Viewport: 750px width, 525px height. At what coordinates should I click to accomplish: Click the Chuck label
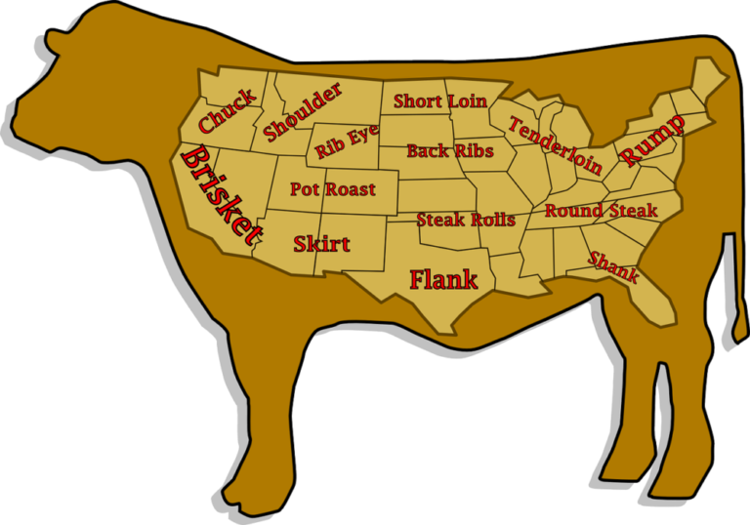[228, 111]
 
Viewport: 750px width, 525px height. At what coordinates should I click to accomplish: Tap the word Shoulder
[303, 111]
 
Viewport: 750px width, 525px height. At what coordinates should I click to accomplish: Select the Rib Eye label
[347, 142]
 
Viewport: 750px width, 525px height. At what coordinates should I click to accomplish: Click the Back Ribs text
[448, 150]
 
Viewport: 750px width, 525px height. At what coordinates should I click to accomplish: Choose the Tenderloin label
[554, 146]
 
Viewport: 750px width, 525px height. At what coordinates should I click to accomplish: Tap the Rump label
[651, 138]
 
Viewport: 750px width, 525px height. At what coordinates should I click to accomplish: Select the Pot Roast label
[332, 189]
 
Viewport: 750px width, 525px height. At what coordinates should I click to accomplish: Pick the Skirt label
[321, 243]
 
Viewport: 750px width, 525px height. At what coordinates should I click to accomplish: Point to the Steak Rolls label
[466, 220]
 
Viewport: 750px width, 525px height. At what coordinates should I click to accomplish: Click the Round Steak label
[601, 211]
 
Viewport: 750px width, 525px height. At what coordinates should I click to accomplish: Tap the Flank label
[443, 279]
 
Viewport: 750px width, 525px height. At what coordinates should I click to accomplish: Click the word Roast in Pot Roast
[351, 189]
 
